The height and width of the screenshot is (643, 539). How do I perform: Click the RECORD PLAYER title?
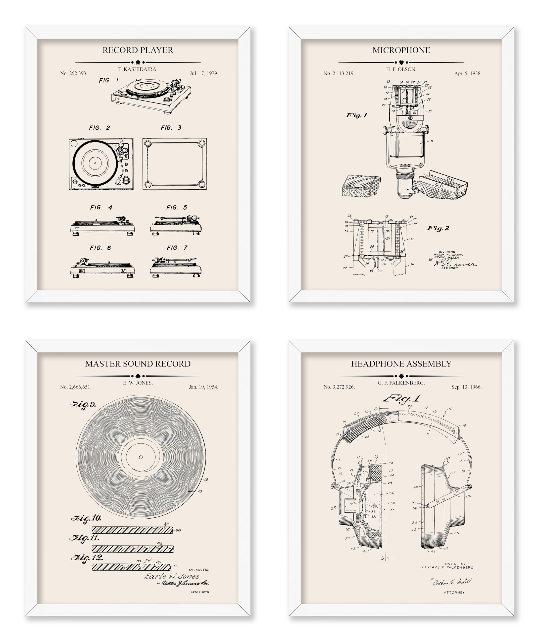[x=137, y=50]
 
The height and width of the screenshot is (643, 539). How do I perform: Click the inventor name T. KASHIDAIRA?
[x=138, y=69]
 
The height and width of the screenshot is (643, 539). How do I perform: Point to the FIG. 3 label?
[x=171, y=128]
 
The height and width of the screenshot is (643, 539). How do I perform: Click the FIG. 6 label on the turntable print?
[x=100, y=248]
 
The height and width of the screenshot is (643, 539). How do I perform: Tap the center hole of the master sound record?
[x=140, y=457]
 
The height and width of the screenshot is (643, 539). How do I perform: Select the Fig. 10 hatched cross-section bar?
[x=132, y=530]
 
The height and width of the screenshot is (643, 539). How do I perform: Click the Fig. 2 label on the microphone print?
[x=438, y=228]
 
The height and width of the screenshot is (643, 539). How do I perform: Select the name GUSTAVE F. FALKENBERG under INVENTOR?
[x=447, y=567]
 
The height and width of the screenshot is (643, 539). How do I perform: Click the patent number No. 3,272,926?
[x=339, y=387]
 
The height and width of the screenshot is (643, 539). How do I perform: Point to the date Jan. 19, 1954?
[x=203, y=387]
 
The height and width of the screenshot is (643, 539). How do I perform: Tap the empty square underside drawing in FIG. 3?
[x=175, y=164]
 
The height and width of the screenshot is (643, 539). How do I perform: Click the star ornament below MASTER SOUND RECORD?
[x=138, y=376]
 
